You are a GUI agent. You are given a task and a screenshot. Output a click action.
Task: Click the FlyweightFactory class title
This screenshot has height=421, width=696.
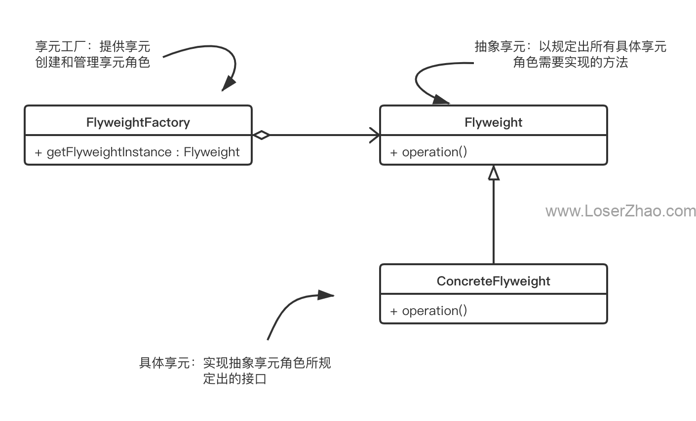coord(138,123)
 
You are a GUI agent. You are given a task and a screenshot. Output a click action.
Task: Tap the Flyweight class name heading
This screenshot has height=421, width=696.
coord(494,123)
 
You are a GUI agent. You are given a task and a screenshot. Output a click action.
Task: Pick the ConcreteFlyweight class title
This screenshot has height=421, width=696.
coord(494,281)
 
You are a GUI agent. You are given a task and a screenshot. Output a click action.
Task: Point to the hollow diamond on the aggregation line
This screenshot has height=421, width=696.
coord(261,135)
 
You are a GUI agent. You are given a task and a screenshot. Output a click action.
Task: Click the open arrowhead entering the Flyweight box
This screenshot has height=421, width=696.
coord(375,135)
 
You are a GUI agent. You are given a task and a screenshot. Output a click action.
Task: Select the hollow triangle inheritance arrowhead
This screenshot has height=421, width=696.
coord(494,173)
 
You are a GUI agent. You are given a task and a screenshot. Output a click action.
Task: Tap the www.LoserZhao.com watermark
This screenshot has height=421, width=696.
coord(620,211)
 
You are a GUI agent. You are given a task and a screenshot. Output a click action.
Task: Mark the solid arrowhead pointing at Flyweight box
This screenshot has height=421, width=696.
coord(441,99)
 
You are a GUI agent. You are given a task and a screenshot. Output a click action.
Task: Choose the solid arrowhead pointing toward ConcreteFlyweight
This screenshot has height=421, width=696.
coord(326,295)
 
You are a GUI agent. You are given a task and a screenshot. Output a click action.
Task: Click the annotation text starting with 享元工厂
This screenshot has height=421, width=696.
coord(93,54)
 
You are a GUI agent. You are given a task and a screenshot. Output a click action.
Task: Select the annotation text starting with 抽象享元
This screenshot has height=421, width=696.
coord(571,54)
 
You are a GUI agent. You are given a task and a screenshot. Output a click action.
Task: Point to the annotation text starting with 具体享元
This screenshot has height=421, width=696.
coord(235,371)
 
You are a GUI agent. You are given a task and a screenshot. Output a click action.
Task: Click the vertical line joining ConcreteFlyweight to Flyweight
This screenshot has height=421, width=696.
coord(494,222)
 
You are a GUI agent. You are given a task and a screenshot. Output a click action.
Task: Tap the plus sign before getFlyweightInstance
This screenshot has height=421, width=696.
coord(38,153)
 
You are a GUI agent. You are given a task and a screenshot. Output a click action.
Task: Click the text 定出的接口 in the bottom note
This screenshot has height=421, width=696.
coord(235,379)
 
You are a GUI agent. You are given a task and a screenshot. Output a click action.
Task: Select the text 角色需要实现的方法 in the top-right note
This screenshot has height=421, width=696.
coord(571,62)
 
